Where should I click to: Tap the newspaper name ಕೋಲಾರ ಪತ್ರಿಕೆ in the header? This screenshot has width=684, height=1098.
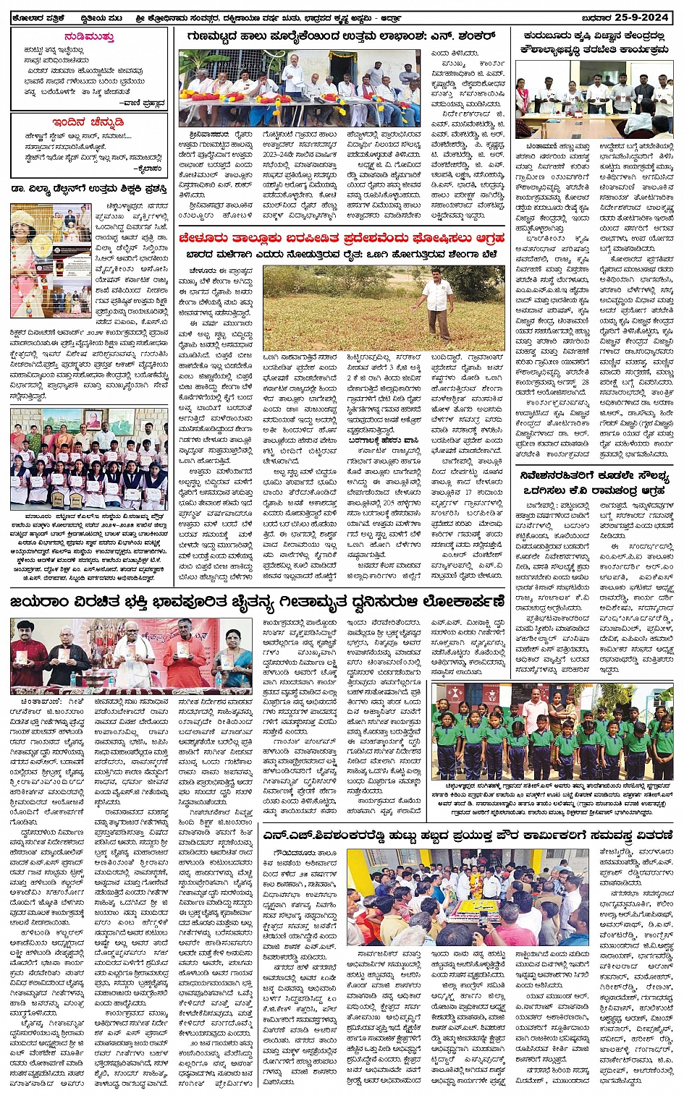click(x=36, y=18)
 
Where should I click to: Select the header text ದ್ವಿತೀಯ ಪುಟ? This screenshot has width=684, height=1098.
click(x=101, y=18)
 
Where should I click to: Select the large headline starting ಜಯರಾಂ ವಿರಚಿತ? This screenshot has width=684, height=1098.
click(x=257, y=602)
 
